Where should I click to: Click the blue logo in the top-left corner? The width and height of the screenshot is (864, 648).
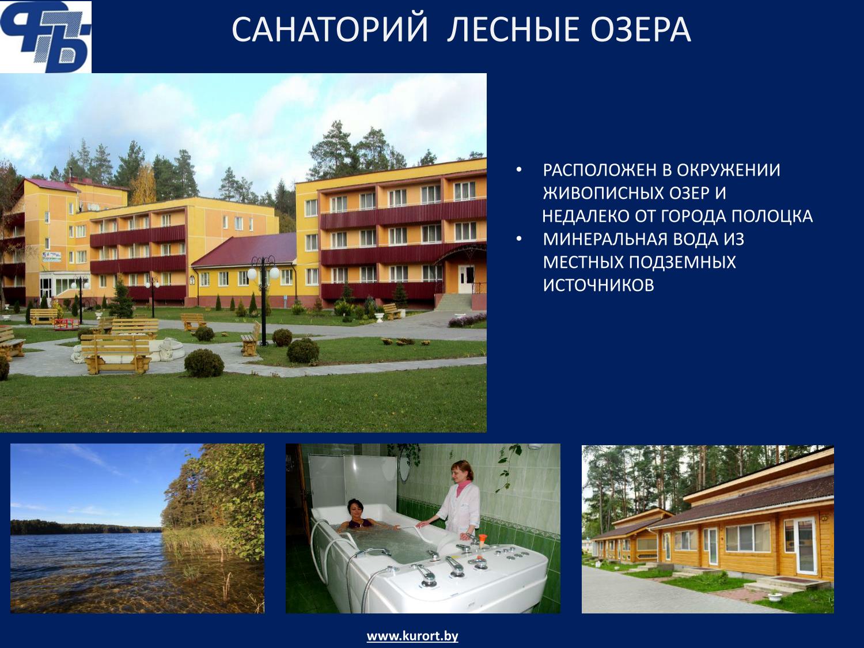(x=46, y=37)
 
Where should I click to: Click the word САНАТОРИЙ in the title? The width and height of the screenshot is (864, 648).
(x=330, y=29)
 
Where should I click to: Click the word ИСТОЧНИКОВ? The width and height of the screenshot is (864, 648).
(x=598, y=285)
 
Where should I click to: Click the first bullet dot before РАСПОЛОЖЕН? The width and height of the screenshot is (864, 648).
(x=519, y=170)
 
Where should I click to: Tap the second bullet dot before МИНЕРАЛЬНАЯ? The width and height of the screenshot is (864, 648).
(x=519, y=239)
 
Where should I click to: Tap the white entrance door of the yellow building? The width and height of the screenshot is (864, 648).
(x=465, y=279)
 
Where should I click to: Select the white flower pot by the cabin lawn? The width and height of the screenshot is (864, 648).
(x=774, y=596)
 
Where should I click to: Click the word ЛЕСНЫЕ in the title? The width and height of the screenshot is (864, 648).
(x=509, y=29)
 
